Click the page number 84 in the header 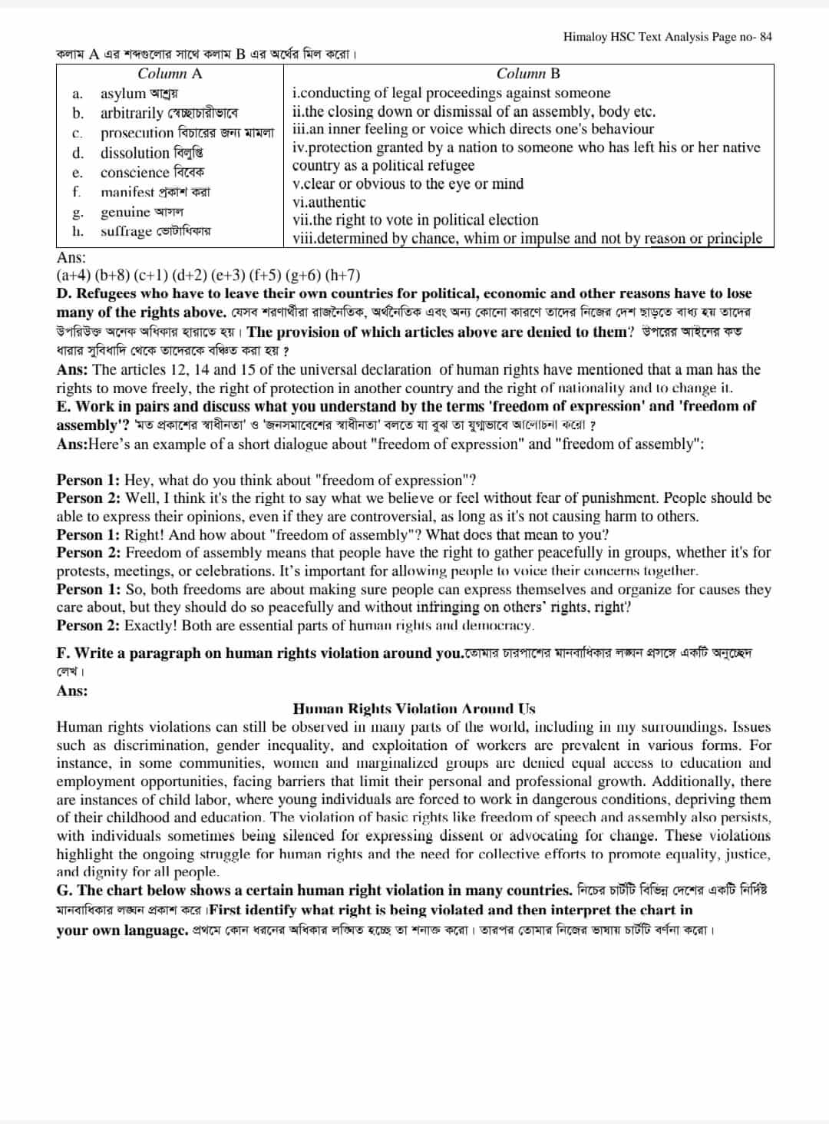click(765, 37)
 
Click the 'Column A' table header click(170, 74)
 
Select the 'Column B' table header click(528, 74)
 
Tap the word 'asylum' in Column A click(123, 94)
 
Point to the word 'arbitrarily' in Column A click(131, 113)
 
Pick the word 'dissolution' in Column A click(134, 153)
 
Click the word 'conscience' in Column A click(134, 172)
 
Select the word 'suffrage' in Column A click(127, 231)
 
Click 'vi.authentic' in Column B click(329, 202)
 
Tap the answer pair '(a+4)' click(73, 275)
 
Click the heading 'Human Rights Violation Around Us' click(414, 709)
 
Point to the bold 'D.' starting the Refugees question click(64, 293)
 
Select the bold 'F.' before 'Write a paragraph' click(64, 653)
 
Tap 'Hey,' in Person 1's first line click(137, 481)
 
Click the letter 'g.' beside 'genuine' click(78, 213)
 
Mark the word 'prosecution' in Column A click(137, 133)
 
